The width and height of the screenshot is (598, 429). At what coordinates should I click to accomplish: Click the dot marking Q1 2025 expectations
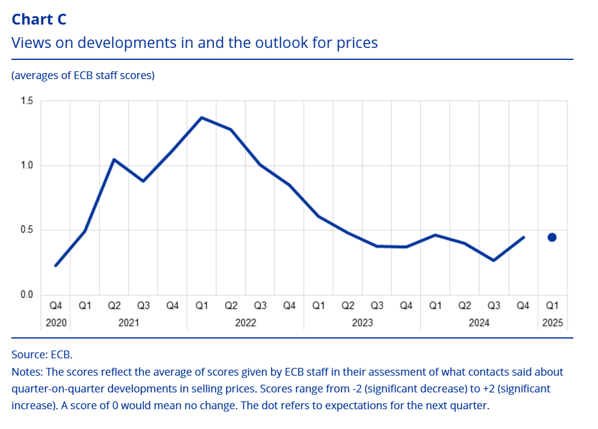click(x=552, y=237)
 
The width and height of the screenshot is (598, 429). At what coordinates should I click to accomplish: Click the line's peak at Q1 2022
click(x=202, y=117)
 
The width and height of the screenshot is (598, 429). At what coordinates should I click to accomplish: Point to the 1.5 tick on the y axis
click(x=27, y=101)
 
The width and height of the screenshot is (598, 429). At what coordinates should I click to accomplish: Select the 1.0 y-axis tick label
click(x=27, y=165)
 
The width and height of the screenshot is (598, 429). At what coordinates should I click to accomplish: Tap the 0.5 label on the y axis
click(x=27, y=230)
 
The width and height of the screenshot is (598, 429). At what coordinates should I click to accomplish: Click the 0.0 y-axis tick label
click(x=27, y=295)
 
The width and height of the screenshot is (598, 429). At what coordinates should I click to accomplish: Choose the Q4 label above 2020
click(x=56, y=306)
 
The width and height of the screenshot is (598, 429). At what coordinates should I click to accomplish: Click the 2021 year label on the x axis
click(x=129, y=323)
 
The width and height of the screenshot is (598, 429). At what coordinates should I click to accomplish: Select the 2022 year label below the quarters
click(x=246, y=323)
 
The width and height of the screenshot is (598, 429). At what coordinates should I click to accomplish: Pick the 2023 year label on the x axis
click(x=362, y=323)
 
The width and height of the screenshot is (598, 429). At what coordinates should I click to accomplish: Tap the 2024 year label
click(x=479, y=323)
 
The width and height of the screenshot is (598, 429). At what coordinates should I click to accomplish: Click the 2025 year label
click(x=552, y=323)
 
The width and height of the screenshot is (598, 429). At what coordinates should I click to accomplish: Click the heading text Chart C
click(x=39, y=19)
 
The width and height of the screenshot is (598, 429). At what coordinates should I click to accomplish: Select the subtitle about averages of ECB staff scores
click(x=83, y=75)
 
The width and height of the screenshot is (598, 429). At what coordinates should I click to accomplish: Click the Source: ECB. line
click(x=42, y=354)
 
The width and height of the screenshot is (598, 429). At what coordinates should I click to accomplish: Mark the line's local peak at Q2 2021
click(x=114, y=159)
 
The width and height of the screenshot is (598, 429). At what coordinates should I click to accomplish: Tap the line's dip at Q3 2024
click(x=494, y=261)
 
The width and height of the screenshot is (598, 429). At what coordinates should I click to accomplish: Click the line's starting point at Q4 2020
click(x=56, y=265)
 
